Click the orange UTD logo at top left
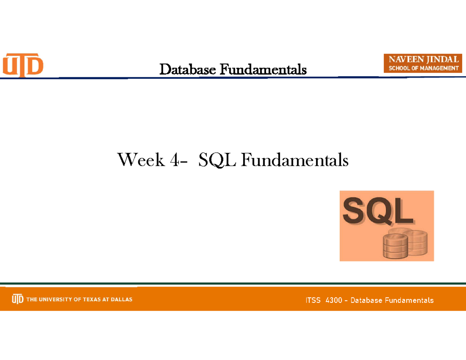tap(23, 65)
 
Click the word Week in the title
tap(141, 160)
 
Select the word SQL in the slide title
tap(217, 160)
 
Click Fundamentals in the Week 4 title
tap(294, 160)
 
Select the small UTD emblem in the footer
tap(17, 299)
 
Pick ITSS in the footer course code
tap(313, 300)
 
